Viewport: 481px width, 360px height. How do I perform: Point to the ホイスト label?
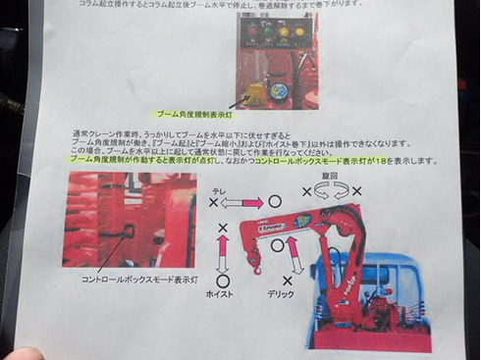220,293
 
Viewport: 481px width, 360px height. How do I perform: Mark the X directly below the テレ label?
213,201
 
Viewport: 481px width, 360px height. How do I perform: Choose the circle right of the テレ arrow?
276,201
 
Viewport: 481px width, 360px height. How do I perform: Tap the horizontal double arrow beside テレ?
245,201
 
